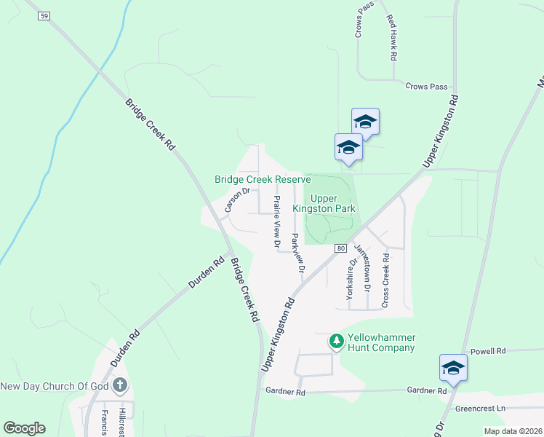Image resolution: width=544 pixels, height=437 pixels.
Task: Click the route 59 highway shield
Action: [45, 15]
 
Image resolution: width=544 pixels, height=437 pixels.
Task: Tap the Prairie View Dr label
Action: [276, 222]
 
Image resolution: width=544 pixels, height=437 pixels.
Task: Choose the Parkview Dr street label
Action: [297, 252]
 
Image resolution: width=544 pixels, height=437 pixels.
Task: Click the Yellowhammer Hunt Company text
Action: [381, 342]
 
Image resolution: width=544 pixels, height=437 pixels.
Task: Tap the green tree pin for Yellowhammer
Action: [336, 340]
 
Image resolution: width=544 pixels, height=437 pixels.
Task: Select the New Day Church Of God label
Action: [54, 386]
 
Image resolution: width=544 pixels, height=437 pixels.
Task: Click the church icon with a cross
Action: [120, 385]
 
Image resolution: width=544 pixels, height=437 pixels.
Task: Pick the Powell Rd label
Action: [487, 352]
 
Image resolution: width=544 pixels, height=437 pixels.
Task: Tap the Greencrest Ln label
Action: [480, 409]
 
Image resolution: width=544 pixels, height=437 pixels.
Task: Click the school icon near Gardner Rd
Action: [452, 368]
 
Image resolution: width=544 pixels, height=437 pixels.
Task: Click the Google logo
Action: [24, 428]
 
